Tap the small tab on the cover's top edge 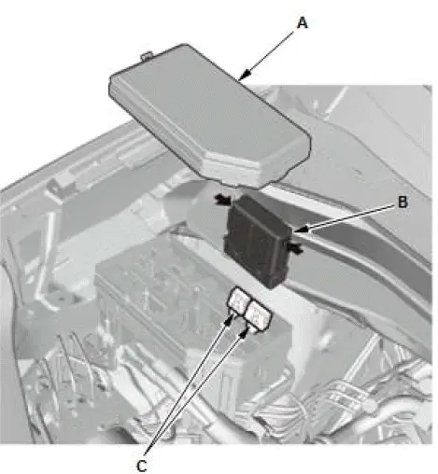tap(144, 57)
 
